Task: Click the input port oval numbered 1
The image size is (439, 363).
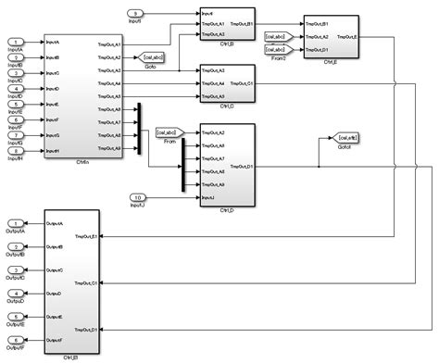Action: [16, 43]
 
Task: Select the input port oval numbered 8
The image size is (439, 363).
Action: [16, 152]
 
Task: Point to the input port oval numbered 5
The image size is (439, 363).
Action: [16, 105]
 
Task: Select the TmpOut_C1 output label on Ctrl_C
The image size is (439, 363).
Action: [244, 82]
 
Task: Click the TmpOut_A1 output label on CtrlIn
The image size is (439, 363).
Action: [109, 44]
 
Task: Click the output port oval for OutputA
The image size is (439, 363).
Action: [16, 223]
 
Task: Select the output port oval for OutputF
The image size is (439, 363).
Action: [16, 342]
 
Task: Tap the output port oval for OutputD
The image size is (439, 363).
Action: [16, 294]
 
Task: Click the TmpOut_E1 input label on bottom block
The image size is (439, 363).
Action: [88, 235]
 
